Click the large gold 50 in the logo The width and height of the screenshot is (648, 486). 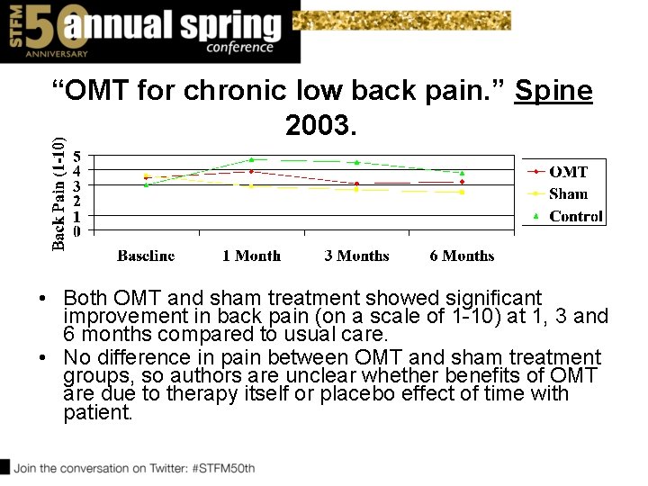tap(42, 27)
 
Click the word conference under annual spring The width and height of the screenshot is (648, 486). tap(239, 47)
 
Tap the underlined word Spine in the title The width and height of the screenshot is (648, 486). tap(553, 91)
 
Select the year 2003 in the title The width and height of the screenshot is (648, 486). tap(321, 125)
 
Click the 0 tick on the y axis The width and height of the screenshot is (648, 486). tap(77, 231)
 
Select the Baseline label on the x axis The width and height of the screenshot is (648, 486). tap(146, 256)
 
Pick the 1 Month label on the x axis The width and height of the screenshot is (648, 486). tap(251, 256)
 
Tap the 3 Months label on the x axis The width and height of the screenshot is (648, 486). tap(356, 256)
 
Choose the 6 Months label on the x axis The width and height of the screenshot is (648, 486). tap(462, 256)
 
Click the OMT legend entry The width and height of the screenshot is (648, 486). tap(568, 172)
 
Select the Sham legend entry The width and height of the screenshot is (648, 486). tap(568, 193)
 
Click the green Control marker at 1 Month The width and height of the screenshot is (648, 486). tap(252, 160)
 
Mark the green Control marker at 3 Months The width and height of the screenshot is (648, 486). tap(357, 163)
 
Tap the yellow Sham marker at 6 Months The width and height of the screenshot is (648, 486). tap(462, 192)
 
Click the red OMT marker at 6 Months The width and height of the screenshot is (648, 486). tap(462, 182)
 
